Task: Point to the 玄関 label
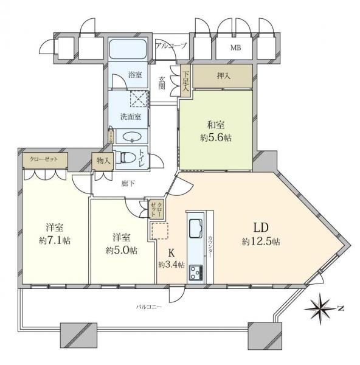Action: pos(162,82)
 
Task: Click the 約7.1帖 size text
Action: pos(54,240)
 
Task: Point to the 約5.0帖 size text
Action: pos(121,250)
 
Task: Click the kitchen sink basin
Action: pos(197,229)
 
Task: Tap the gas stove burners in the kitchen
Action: pos(197,272)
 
